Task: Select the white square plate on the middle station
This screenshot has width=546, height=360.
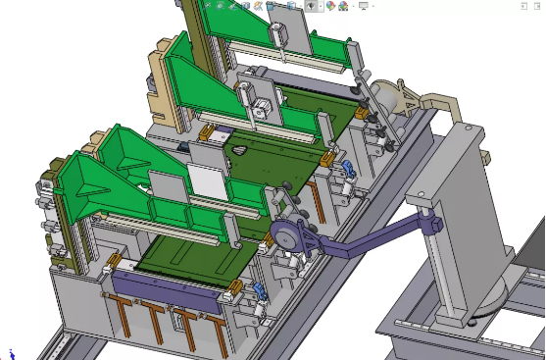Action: [x=205, y=180]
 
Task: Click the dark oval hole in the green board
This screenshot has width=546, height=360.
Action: [x=238, y=151]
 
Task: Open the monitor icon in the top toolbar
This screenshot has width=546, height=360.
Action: [x=364, y=5]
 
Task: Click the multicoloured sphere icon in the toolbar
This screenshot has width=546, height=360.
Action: [x=331, y=5]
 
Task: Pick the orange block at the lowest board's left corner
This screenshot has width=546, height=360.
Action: [x=115, y=261]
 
